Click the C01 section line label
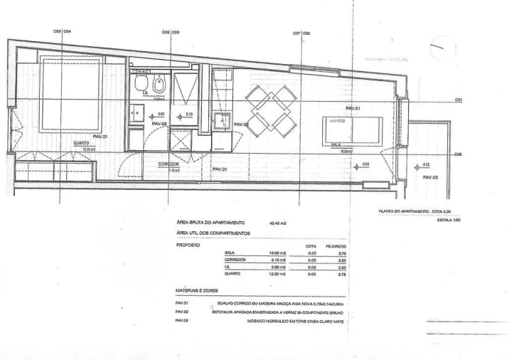pyautogui.click(x=459, y=100)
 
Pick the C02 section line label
pyautogui.click(x=459, y=154)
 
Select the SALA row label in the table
pyautogui.click(x=229, y=253)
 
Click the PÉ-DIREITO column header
pyautogui.click(x=339, y=245)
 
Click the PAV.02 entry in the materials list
pyautogui.click(x=181, y=312)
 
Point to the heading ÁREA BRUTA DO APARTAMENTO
pyautogui.click(x=210, y=223)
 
